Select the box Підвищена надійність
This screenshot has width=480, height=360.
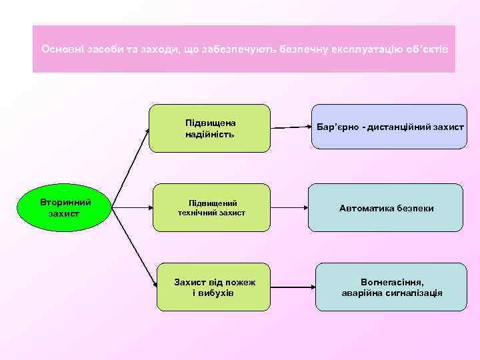coord(209,128)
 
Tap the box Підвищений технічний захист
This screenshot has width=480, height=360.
coord(211,207)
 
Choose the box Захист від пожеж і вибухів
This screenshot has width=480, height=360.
coord(213,287)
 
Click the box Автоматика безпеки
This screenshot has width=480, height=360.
coord(387,208)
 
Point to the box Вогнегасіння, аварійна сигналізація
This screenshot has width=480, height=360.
coord(391,287)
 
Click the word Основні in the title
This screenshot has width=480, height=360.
coord(60,49)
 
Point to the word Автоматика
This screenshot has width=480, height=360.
coord(365,208)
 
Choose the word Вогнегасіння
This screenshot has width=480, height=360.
coord(391,282)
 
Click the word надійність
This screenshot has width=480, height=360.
coord(209,135)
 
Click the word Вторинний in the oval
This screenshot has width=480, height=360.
coord(65,202)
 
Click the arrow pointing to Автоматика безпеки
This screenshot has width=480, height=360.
coord(289,208)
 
